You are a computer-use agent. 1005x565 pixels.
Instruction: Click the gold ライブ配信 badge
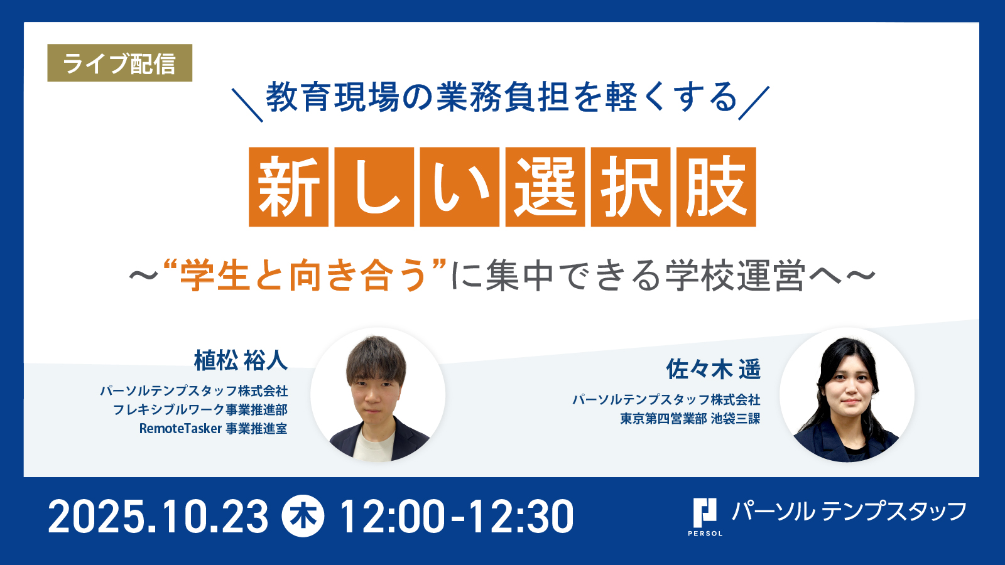[120, 63]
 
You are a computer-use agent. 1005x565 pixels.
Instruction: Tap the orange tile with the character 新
[288, 186]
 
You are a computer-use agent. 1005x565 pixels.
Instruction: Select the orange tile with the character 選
[545, 186]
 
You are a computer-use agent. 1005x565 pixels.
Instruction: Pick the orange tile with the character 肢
[716, 186]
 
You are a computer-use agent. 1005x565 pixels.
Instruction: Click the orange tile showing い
[459, 186]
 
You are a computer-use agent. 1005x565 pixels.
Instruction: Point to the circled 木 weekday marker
[303, 516]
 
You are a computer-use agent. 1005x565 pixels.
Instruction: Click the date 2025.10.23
[158, 517]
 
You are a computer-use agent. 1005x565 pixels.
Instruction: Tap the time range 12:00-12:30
[457, 517]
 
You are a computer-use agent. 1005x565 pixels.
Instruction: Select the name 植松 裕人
[241, 360]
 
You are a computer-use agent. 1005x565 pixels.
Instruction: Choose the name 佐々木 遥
[714, 369]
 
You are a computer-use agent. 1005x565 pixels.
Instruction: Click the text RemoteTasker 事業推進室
[213, 429]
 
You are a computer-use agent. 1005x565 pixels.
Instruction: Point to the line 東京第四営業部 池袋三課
[690, 418]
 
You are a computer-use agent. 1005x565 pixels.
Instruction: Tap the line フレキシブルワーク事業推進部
[200, 410]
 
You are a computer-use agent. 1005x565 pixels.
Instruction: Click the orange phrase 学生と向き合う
[303, 276]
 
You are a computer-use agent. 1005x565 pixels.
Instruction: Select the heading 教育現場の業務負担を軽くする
[501, 97]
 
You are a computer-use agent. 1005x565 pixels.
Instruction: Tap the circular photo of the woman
[847, 395]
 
